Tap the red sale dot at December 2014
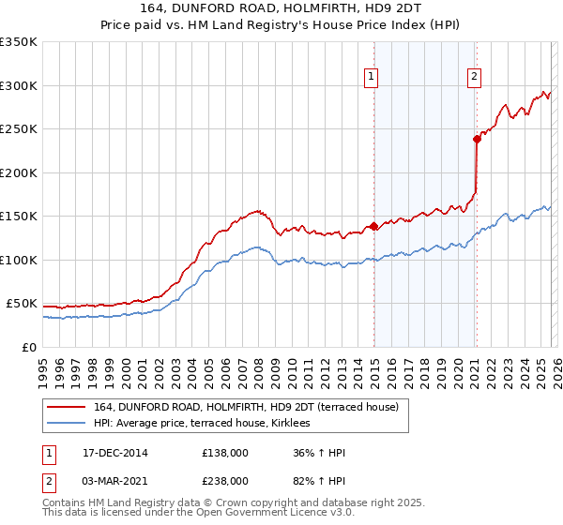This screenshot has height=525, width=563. pyautogui.click(x=374, y=226)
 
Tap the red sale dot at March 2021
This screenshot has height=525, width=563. pyautogui.click(x=477, y=139)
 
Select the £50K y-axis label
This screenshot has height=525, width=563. pyautogui.click(x=22, y=304)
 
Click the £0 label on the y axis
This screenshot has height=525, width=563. pyautogui.click(x=29, y=347)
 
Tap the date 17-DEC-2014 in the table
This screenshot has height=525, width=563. pyautogui.click(x=115, y=453)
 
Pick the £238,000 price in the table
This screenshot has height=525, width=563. pyautogui.click(x=225, y=481)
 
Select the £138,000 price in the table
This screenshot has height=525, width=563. pyautogui.click(x=225, y=453)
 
